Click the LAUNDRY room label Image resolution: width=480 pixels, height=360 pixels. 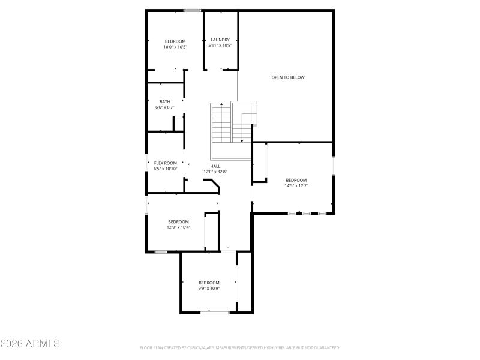pos(220,40)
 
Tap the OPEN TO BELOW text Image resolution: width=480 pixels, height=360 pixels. pos(288,77)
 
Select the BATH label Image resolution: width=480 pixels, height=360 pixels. pos(164,102)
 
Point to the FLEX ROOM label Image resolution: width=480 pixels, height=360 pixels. pos(166,163)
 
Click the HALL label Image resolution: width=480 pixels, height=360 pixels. pos(215,166)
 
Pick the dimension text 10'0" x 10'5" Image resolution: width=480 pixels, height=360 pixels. pos(176,47)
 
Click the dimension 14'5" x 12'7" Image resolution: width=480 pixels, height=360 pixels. pos(296,185)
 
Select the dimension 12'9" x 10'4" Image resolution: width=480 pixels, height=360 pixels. pos(178,227)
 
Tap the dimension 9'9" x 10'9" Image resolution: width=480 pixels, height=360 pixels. pos(209,288)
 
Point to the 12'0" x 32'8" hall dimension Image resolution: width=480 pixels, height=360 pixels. pos(215,172)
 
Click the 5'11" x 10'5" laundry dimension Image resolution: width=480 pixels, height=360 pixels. pos(220,46)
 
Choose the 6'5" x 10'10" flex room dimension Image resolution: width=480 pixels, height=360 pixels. pos(166,169)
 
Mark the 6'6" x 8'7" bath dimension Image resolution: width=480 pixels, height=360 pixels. pos(164,107)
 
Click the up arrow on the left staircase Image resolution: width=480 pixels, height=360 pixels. pos(221,107)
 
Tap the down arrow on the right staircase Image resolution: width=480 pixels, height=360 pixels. pos(242,139)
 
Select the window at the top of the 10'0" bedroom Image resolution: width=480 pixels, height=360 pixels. pos(192,10)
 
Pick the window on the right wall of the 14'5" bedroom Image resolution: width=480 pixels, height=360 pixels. pos(333,166)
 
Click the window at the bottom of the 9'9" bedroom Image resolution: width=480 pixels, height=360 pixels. pos(214,312)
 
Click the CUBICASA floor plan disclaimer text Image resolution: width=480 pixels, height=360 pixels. pos(240,347)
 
